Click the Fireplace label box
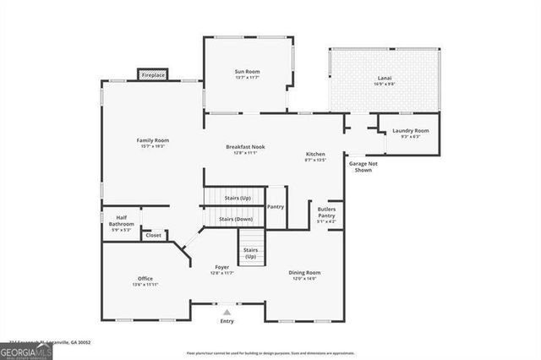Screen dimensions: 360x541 coord(153,75)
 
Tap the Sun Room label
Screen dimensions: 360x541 coord(246,73)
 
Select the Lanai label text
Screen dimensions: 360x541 coord(385,79)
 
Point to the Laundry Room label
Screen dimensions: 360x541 coord(410,130)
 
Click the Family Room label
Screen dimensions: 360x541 coord(153,139)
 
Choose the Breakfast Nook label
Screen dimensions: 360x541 coord(246,147)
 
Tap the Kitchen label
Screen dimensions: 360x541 coord(315,154)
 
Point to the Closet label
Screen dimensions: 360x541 coord(153,235)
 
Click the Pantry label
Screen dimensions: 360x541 coord(275,207)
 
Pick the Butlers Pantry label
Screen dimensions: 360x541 coord(326,212)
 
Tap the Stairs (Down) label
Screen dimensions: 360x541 coord(236,219)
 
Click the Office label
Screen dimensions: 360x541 coord(145,278)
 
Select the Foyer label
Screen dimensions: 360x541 coord(221,267)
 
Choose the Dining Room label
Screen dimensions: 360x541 coord(305,272)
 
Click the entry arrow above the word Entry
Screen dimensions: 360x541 coord(226,312)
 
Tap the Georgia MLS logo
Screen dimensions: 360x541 coord(26,348)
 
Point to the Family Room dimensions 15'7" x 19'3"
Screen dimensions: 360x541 coord(153,145)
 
